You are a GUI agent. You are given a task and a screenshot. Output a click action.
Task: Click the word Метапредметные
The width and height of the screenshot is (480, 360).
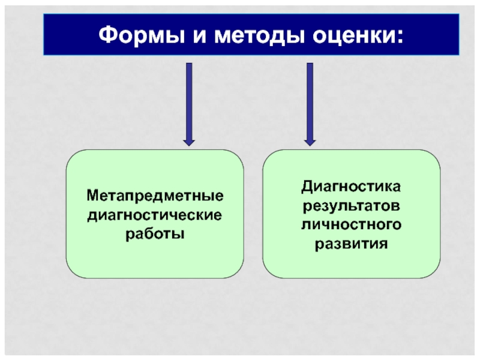tap(155, 196)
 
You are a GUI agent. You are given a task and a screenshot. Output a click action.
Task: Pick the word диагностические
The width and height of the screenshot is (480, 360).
tap(155, 214)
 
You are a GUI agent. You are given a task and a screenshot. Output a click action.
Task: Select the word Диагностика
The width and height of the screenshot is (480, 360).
tap(351, 187)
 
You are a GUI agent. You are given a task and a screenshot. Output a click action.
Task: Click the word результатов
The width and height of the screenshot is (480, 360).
tap(351, 206)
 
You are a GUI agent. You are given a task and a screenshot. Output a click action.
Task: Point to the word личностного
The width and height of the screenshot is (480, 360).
tap(351, 225)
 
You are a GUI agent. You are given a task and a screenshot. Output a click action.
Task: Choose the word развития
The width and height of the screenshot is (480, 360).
tap(351, 244)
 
